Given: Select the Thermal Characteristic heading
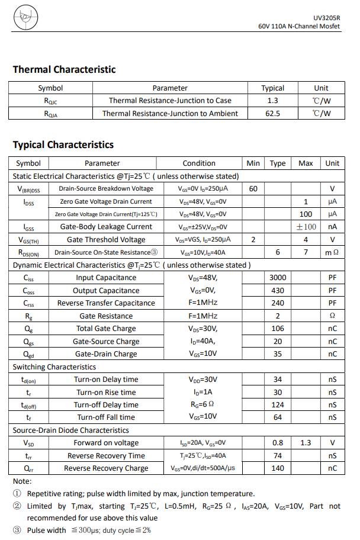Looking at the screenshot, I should point(64,70).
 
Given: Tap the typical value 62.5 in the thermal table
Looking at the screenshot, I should point(272,113).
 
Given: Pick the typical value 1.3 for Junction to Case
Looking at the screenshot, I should point(272,101).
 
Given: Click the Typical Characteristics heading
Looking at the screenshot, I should point(63,145).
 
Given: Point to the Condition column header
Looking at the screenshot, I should point(199,163).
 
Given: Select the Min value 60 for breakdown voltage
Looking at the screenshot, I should point(253,189).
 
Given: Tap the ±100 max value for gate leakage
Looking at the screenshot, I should point(306,227).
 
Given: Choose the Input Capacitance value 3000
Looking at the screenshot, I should point(277,278).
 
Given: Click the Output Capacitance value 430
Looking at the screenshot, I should point(277,291).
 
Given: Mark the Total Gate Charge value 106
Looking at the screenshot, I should point(277,329).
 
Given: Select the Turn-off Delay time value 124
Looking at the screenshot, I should point(277,405).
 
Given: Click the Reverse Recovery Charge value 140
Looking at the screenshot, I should point(277,468).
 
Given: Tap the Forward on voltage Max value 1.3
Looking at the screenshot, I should point(306,443).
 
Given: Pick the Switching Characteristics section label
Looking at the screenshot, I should point(46,367).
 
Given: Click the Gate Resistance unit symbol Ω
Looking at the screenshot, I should point(332,316).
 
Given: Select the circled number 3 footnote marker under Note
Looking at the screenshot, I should point(17,531).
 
